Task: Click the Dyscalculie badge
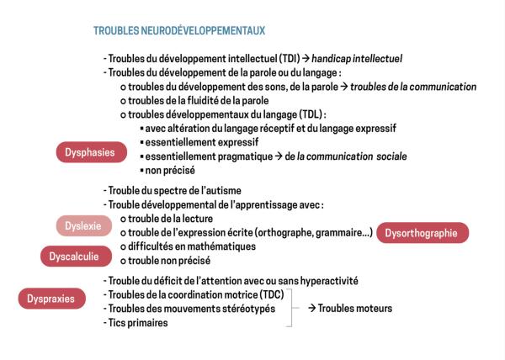click(74, 255)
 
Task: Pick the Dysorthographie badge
click(423, 233)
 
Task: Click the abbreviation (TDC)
click(270, 294)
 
